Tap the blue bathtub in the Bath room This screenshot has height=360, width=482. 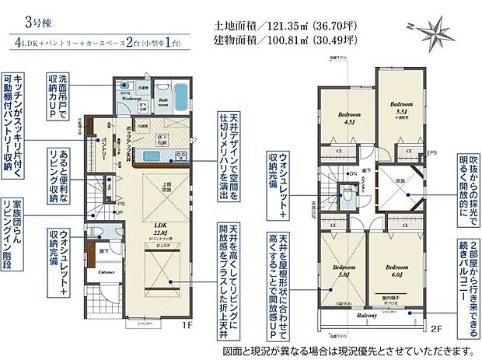[x=180, y=96]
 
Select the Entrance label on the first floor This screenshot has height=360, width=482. [x=106, y=274]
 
